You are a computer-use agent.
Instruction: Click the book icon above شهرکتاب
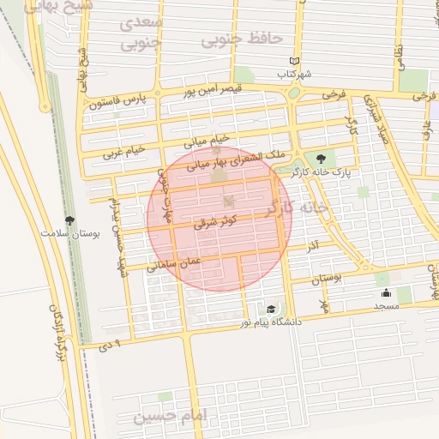point(294,62)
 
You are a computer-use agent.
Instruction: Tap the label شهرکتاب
point(294,75)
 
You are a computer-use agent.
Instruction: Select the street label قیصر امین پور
point(213,88)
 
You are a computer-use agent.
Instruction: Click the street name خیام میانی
point(209,138)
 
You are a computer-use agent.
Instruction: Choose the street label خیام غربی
point(124,153)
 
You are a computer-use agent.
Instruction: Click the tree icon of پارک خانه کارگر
point(321,159)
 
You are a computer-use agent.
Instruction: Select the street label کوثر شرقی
point(217,219)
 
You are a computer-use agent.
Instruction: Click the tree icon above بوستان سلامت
point(70,220)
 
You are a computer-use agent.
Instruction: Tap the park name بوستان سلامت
point(70,232)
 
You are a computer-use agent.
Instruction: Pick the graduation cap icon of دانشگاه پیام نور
point(271,309)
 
